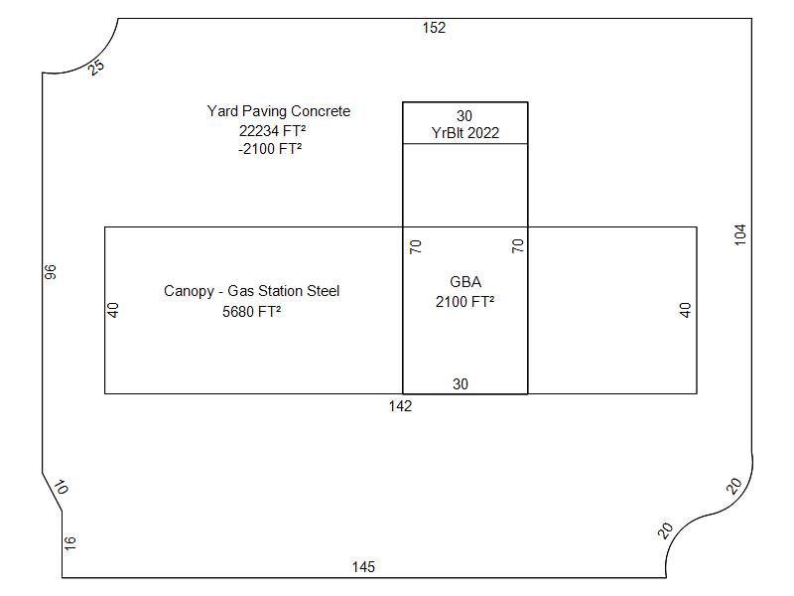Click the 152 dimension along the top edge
click(x=434, y=28)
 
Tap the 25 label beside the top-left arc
click(x=96, y=68)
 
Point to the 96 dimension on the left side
click(x=52, y=270)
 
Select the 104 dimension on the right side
click(x=740, y=234)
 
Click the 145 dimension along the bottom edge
click(x=363, y=567)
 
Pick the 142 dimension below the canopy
click(x=400, y=405)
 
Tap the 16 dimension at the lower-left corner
click(x=69, y=542)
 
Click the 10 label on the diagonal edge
click(x=61, y=488)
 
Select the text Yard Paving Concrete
click(x=278, y=111)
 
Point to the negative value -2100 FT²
click(x=270, y=149)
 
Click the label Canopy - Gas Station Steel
click(x=251, y=291)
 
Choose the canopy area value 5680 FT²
click(x=251, y=311)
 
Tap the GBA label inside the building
click(x=464, y=282)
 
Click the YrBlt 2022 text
click(x=464, y=133)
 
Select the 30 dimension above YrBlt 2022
click(x=464, y=116)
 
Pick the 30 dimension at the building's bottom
click(x=461, y=384)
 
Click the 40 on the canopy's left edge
click(x=113, y=310)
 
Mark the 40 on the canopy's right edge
click(x=685, y=310)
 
